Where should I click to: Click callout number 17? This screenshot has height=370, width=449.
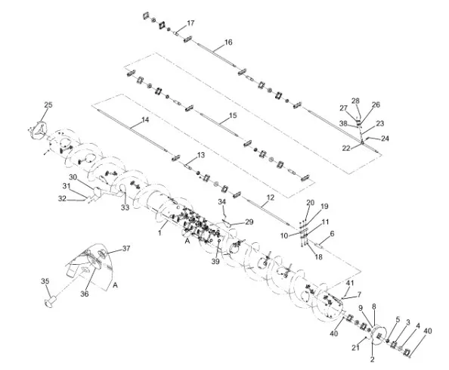(x=190, y=23)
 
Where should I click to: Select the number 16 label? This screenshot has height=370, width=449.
(x=228, y=42)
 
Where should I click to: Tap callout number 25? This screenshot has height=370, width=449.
(x=48, y=104)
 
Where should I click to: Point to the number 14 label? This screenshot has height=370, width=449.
(x=145, y=120)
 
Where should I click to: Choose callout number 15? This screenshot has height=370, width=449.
(x=232, y=115)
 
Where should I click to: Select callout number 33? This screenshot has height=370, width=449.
(x=125, y=207)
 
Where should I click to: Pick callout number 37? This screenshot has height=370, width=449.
(x=126, y=248)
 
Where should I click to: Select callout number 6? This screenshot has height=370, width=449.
(x=330, y=234)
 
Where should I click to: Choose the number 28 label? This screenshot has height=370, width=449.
(x=355, y=101)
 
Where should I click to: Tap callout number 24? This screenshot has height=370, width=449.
(x=385, y=138)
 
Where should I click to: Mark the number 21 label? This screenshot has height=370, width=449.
(x=354, y=347)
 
